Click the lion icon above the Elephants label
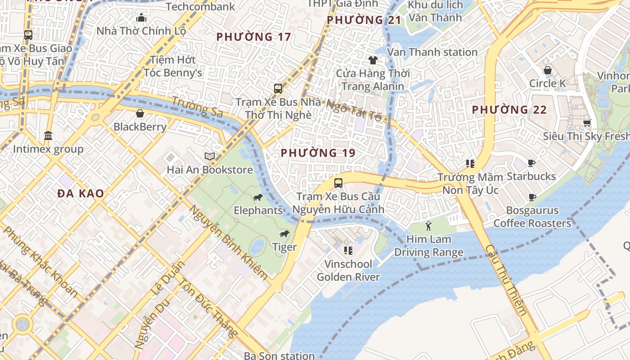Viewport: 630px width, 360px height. pos(257,198)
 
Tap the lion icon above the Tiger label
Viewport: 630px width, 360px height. pos(284,234)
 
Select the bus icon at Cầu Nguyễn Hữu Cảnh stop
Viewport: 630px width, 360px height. pos(338,183)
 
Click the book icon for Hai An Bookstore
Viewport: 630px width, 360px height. pos(209,156)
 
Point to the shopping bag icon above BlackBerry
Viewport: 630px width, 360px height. pos(140,113)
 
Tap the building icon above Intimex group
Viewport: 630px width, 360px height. pos(48,135)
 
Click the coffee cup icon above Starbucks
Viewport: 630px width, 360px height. pos(531,163)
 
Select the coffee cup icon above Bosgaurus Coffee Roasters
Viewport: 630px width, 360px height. pos(532,197)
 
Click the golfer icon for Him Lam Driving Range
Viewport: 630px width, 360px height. pos(428,225)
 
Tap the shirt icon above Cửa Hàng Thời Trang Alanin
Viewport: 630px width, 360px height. pos(373,60)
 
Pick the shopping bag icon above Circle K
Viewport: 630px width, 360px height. pos(548,70)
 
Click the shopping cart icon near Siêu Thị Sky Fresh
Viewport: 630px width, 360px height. pos(587,123)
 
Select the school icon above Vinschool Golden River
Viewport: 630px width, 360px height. pos(348,250)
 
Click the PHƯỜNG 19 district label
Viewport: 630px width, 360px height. pos(318,153)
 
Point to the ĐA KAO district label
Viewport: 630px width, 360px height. pos(81,193)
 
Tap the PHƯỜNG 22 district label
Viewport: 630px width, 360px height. pos(509,110)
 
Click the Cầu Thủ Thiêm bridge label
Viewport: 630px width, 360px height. pos(506,280)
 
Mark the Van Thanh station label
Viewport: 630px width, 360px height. pos(432,52)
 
